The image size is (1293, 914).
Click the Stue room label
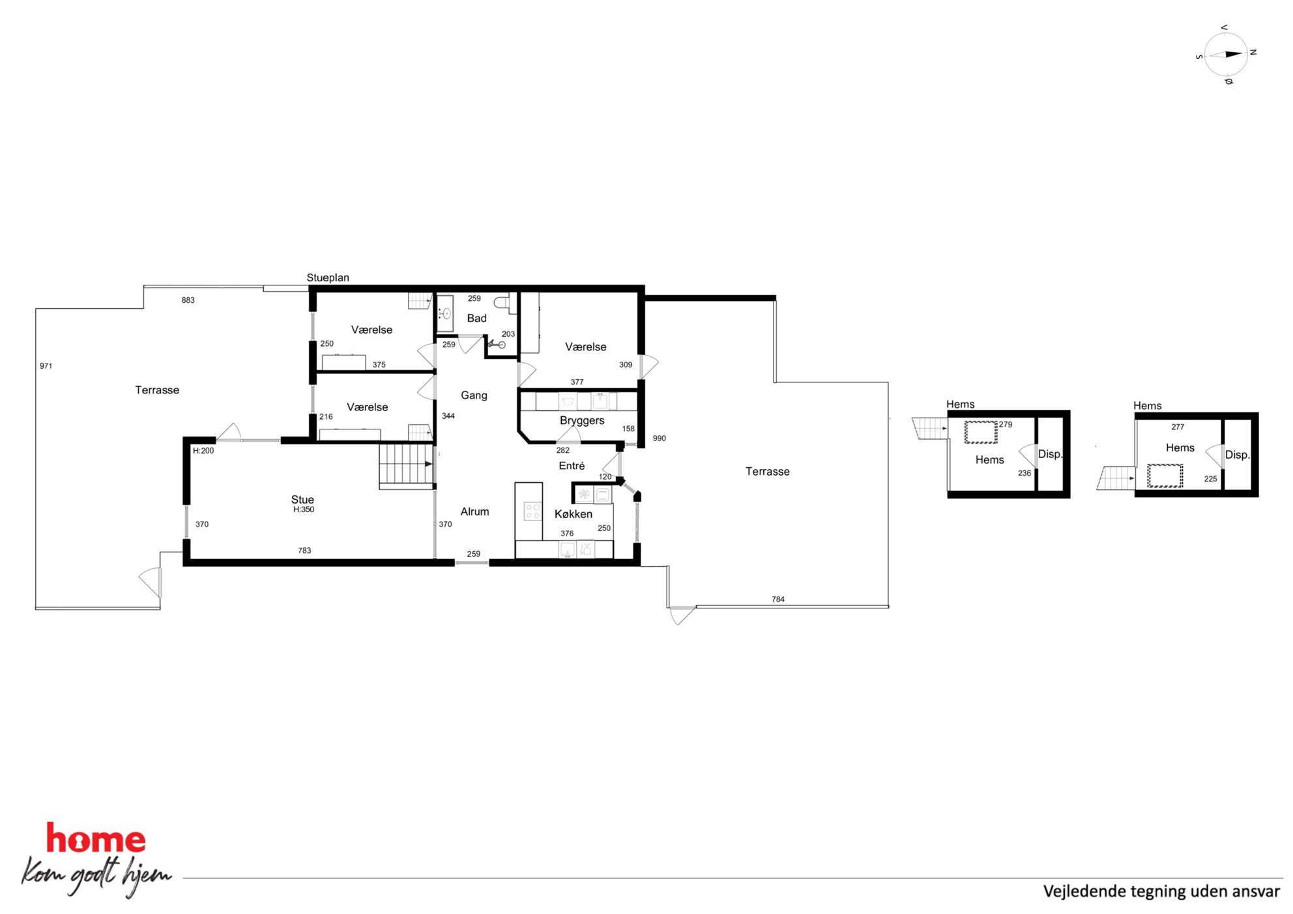click(302, 500)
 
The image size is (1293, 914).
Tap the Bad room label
click(476, 318)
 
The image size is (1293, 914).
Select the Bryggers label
click(582, 421)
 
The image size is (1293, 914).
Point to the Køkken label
click(574, 514)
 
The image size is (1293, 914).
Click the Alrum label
click(474, 511)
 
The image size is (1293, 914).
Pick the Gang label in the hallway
click(474, 395)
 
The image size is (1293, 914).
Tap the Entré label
click(572, 466)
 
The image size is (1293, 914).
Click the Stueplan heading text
click(328, 278)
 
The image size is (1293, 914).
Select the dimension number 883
click(188, 300)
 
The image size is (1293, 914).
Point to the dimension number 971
click(46, 366)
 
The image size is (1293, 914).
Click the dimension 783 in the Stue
click(304, 550)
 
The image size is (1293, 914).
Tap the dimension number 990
click(660, 438)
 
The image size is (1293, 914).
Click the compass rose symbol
click(1226, 55)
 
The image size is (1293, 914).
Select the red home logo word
click(96, 839)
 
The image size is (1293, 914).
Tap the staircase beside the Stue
click(406, 465)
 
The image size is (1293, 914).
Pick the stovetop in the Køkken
click(532, 511)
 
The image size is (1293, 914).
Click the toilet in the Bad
click(502, 303)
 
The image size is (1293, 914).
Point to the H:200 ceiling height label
click(203, 451)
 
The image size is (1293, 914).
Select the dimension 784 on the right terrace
click(778, 599)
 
